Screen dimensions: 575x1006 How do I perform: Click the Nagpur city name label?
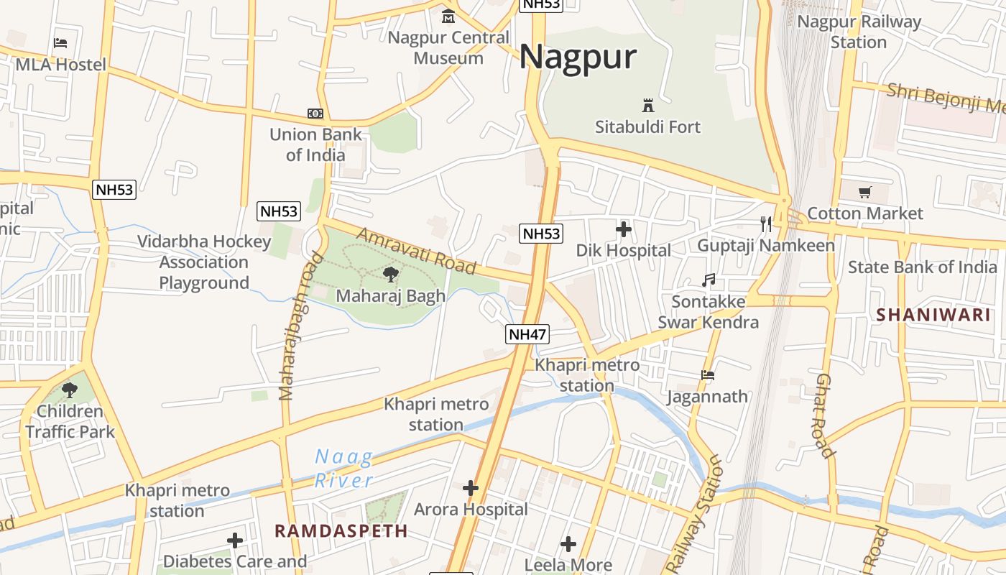pos(578,57)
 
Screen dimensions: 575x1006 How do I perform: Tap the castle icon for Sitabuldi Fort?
pos(648,106)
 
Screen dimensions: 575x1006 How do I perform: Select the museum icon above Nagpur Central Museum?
pos(448,16)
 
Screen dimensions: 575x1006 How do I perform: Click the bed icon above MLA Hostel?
pos(60,43)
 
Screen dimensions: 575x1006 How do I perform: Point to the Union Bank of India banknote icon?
pos(315,114)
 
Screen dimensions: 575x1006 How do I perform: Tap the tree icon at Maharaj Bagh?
pos(391,274)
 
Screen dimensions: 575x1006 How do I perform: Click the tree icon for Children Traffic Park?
pos(70,390)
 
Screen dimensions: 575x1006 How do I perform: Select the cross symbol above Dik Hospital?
pos(624,230)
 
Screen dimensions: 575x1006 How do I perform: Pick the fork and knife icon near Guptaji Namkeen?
pos(766,224)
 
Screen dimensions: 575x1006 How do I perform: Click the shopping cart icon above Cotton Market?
pos(865,192)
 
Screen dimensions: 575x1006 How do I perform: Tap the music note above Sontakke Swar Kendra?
pos(709,280)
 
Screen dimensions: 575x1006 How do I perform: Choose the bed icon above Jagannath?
pos(708,375)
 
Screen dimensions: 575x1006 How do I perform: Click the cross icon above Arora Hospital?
pos(471,489)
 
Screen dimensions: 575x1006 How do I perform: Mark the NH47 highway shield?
pos(527,334)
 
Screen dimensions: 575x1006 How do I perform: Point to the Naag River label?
pos(345,468)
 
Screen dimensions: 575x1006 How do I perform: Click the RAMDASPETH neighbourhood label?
pos(341,531)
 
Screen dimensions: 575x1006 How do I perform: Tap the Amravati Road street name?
pos(416,251)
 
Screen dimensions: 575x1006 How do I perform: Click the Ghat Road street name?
pos(825,415)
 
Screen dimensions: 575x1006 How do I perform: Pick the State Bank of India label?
pos(923,267)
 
